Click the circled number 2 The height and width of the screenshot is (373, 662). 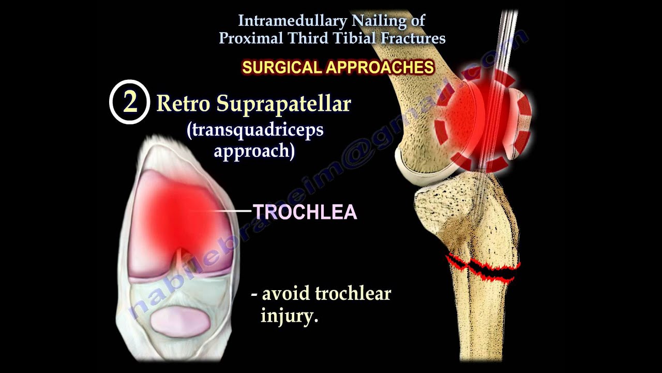(129, 102)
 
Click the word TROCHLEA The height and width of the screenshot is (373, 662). (305, 212)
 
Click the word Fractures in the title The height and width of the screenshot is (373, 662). (415, 38)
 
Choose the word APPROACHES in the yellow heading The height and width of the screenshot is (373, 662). (377, 67)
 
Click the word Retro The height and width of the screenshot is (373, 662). (184, 104)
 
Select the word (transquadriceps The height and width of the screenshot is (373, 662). (255, 130)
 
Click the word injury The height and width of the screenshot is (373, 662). (289, 315)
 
